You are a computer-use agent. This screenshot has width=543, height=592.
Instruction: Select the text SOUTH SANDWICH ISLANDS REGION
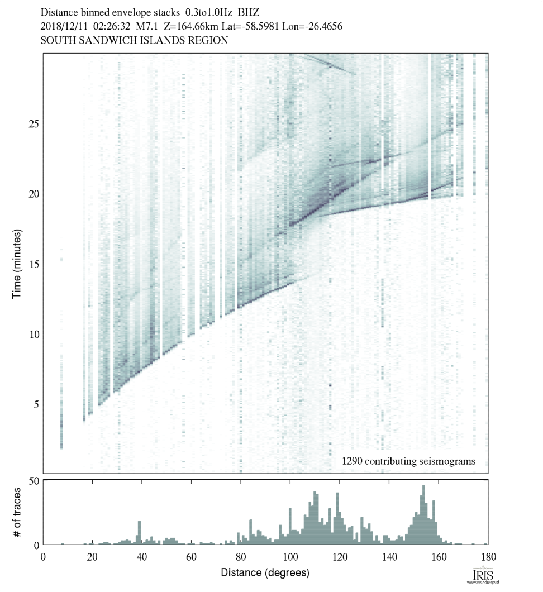click(134, 41)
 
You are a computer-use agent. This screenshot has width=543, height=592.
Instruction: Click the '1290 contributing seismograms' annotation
click(408, 461)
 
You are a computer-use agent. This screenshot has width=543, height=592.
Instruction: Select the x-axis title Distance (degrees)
click(265, 572)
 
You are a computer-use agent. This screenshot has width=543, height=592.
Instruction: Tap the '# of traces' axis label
click(17, 511)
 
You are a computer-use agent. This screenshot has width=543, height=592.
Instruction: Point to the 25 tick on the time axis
click(34, 123)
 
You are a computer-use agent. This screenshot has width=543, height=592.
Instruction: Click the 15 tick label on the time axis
click(34, 264)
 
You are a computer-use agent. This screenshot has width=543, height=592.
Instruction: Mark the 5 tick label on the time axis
click(36, 404)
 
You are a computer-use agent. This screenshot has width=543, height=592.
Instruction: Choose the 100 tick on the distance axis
click(290, 556)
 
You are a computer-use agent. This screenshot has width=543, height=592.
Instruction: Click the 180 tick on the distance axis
click(487, 556)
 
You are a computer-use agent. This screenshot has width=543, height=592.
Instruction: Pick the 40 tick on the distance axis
click(142, 556)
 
